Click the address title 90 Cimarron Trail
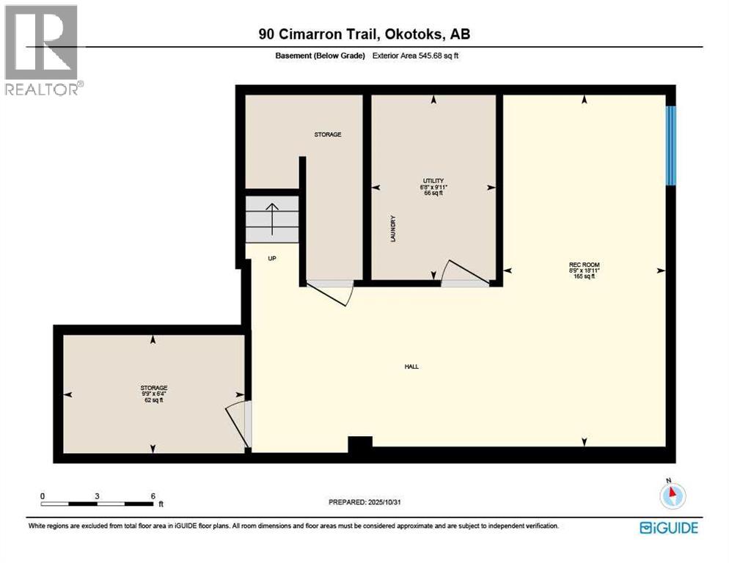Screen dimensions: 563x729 pyautogui.click(x=364, y=34)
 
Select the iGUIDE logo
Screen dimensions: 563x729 pyautogui.click(x=668, y=528)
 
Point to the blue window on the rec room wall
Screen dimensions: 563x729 pyautogui.click(x=670, y=145)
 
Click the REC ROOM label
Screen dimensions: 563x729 pyautogui.click(x=584, y=265)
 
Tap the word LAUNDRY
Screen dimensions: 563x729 pyautogui.click(x=393, y=229)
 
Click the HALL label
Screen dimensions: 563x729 pyautogui.click(x=411, y=367)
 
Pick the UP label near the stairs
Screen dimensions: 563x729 pyautogui.click(x=272, y=258)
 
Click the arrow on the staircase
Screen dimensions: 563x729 pyautogui.click(x=272, y=218)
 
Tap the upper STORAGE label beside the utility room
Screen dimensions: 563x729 pyautogui.click(x=328, y=135)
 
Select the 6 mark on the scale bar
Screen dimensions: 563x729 pyautogui.click(x=153, y=496)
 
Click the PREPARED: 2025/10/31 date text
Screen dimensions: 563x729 pyautogui.click(x=364, y=502)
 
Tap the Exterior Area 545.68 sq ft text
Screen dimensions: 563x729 pyautogui.click(x=417, y=56)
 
